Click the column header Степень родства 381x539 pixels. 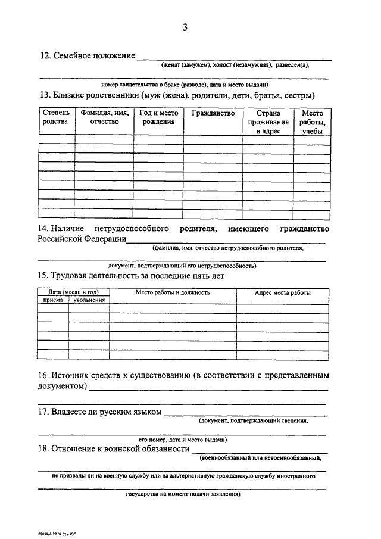tap(56, 117)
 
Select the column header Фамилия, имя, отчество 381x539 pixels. tap(104, 117)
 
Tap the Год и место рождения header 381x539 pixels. tap(158, 117)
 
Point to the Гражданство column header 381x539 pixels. tap(213, 113)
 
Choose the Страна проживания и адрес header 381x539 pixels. tap(268, 122)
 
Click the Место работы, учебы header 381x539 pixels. tap(313, 122)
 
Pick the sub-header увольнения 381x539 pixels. tap(89, 300)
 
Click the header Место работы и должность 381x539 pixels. tap(173, 292)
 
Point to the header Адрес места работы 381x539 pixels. tap(282, 292)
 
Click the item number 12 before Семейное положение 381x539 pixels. tap(45, 56)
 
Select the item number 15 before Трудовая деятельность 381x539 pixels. tap(43, 275)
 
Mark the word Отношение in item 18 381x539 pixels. tap(74, 448)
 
